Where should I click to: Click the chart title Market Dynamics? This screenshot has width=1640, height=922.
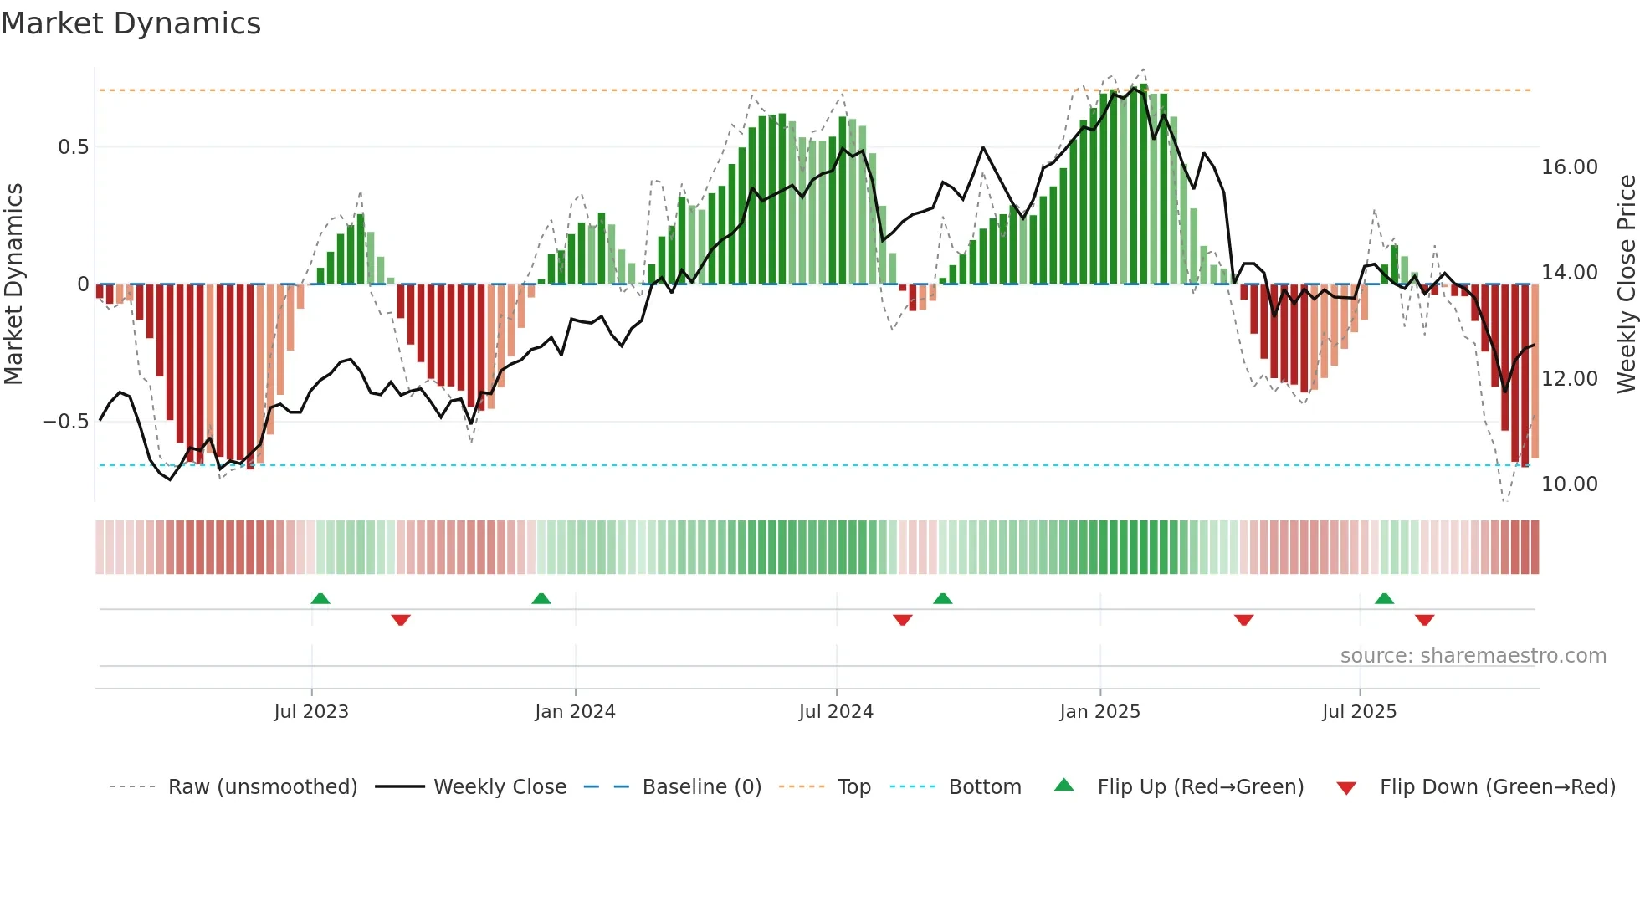(x=131, y=23)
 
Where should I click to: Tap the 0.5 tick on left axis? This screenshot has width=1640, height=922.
(x=73, y=147)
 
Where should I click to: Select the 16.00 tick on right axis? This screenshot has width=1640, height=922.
(x=1569, y=167)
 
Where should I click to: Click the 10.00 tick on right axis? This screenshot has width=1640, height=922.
(x=1569, y=484)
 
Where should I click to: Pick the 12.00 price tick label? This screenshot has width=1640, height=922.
(x=1569, y=379)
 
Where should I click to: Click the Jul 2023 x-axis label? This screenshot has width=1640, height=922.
(x=311, y=712)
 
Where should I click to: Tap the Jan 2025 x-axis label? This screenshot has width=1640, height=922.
(x=1099, y=712)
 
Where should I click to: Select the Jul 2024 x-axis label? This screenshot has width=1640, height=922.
(x=836, y=712)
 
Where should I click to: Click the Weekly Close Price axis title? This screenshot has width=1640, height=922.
(x=1626, y=284)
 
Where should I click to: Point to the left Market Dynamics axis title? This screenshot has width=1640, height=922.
(x=13, y=284)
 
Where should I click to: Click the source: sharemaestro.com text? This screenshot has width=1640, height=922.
(x=1473, y=656)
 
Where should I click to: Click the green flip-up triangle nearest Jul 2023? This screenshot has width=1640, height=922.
(x=320, y=599)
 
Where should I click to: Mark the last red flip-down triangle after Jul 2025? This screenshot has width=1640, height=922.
(x=1424, y=620)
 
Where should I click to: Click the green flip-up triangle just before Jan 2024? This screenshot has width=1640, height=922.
(x=541, y=599)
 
